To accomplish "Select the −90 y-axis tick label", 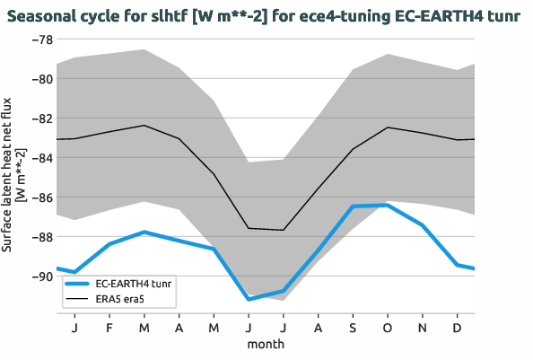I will (x=41, y=277).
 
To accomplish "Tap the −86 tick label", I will (x=41, y=198).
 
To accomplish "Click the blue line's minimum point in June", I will (x=249, y=299).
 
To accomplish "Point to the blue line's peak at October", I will (x=387, y=205).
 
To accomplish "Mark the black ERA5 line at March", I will (x=144, y=126).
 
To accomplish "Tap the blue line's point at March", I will (x=144, y=232).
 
